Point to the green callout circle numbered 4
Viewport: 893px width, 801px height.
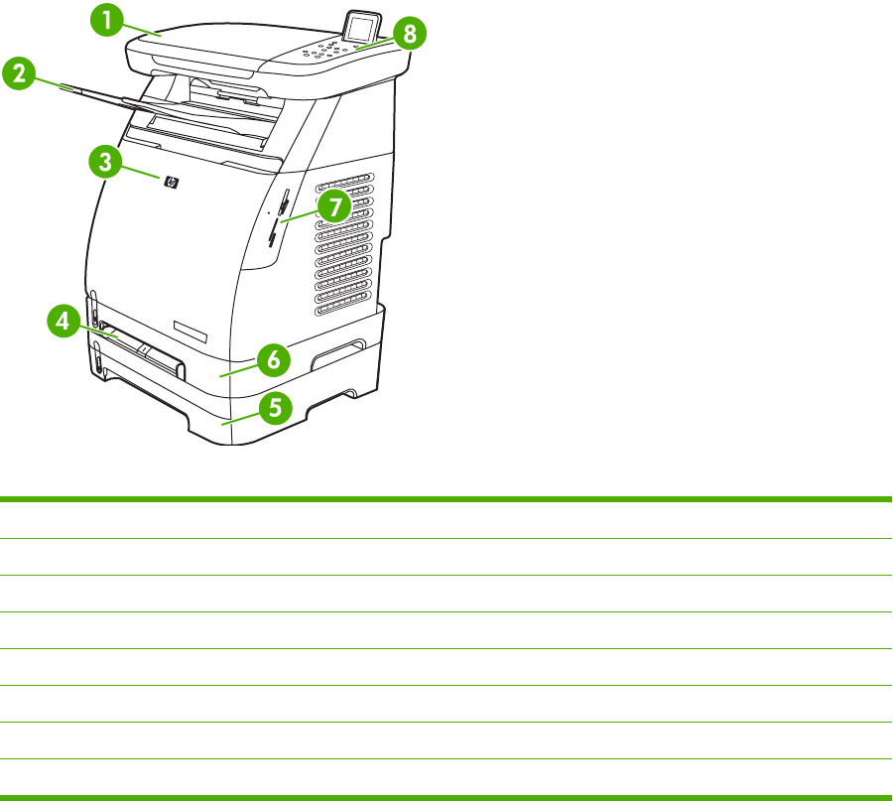(x=63, y=322)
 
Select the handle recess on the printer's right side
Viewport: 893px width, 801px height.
(x=336, y=356)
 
